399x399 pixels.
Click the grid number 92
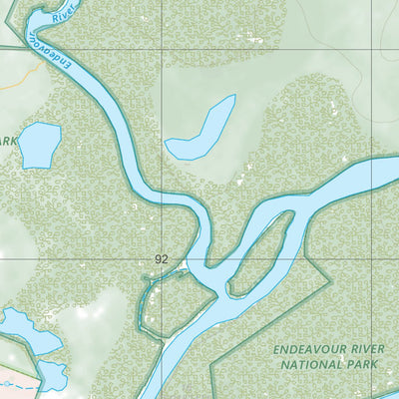point(162,258)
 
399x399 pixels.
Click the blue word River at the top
point(65,13)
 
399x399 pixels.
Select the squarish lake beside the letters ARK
point(40,145)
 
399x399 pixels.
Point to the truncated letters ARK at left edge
point(8,142)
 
